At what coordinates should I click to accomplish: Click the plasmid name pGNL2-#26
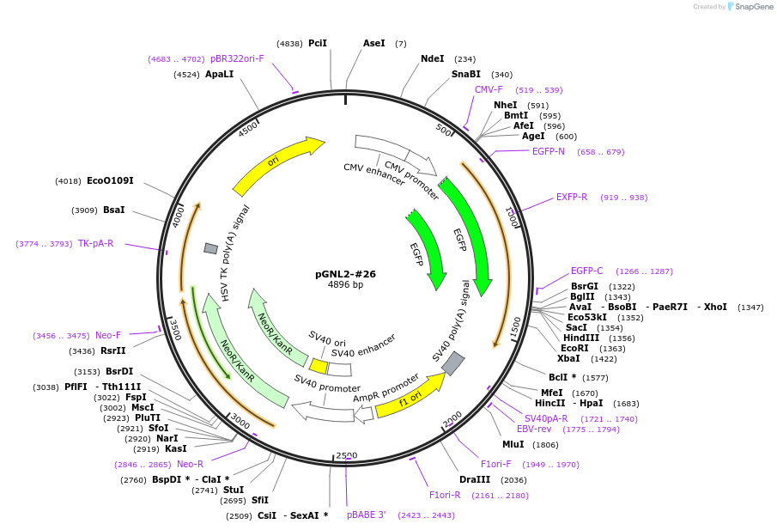tap(345, 274)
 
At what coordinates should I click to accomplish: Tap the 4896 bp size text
tap(345, 284)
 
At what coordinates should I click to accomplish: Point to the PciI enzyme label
tap(318, 43)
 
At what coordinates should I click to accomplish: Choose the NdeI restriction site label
tap(432, 58)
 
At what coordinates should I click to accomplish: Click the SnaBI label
tap(466, 74)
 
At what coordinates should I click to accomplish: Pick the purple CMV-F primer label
tap(489, 89)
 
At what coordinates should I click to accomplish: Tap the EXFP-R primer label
tap(571, 197)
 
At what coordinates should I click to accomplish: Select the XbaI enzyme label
tap(568, 358)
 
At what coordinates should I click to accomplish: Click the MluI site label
tap(513, 444)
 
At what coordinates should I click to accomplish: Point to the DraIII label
tap(475, 479)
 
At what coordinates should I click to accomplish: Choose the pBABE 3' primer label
tap(367, 515)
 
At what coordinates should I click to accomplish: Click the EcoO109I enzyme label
tap(110, 180)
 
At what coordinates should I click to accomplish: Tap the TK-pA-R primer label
tap(95, 243)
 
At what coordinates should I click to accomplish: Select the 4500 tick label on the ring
tap(248, 129)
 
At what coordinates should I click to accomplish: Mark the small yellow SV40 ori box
tap(319, 367)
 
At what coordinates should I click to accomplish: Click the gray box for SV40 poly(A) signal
tap(453, 363)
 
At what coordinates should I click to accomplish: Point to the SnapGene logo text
tap(754, 7)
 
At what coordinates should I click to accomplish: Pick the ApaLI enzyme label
tap(219, 74)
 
